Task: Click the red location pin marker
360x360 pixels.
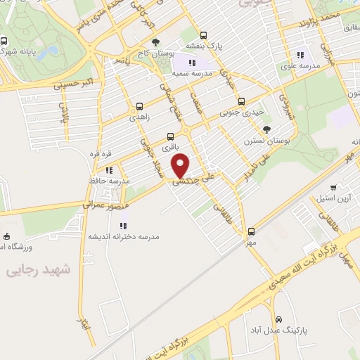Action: click(x=181, y=165)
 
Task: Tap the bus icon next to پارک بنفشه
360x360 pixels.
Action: click(x=204, y=34)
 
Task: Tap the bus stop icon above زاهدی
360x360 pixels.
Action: click(x=138, y=108)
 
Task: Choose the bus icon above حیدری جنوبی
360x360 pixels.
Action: click(x=242, y=101)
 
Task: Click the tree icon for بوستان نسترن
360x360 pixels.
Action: click(x=266, y=129)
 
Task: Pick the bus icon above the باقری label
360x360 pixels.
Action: click(x=169, y=136)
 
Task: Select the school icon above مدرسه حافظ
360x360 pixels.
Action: click(x=109, y=169)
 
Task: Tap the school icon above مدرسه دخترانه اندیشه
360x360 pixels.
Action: click(x=123, y=226)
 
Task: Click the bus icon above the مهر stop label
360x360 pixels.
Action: click(x=252, y=231)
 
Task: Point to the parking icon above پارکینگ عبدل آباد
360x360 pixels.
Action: click(x=280, y=318)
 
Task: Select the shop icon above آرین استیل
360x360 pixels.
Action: click(x=333, y=188)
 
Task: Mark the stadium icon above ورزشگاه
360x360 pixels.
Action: click(x=6, y=236)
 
